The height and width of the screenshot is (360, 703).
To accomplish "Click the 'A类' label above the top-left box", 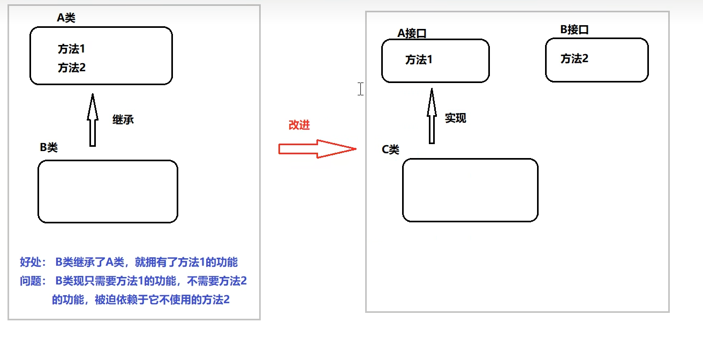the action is pos(66,18).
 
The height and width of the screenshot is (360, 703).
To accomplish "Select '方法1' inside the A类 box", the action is pos(72,49).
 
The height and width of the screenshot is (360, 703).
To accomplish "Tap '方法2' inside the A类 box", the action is pos(72,68).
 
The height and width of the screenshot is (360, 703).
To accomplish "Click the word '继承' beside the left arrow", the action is pos(123,119).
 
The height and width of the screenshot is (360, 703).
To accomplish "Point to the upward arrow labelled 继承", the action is pos(93,120).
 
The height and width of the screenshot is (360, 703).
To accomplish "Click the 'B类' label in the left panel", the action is pos(49,148).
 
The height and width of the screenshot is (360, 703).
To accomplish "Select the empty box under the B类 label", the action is pos(108,191).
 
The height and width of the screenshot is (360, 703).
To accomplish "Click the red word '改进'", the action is pos(299,125).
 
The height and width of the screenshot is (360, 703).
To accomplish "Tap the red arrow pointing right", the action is pos(317,149).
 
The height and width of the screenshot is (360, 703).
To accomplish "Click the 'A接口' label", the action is pos(412,33).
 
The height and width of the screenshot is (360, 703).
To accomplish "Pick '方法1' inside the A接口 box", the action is pos(419,60).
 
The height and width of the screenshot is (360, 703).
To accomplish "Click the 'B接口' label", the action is pos(575,29).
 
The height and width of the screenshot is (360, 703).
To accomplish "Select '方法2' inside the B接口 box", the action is pos(575,59).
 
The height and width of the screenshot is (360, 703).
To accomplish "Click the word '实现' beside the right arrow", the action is pos(456,118).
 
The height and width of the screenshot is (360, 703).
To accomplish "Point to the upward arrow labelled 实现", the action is pos(432,116).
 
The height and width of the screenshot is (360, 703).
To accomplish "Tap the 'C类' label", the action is pos(390,149).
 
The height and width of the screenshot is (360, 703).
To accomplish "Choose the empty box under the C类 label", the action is pos(470,190).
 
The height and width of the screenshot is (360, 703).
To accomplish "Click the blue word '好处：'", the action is pos(33,262).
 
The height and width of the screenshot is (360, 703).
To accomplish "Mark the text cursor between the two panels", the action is pos(361,89).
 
